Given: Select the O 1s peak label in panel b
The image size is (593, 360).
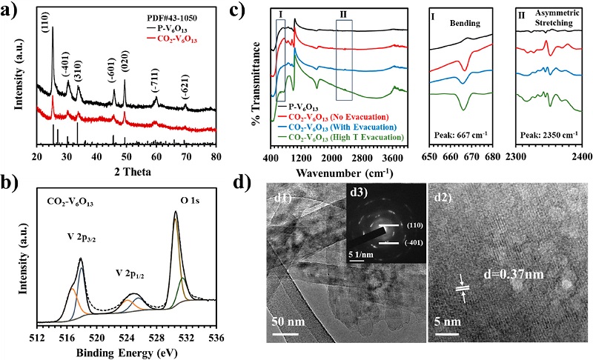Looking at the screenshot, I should (x=185, y=199).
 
